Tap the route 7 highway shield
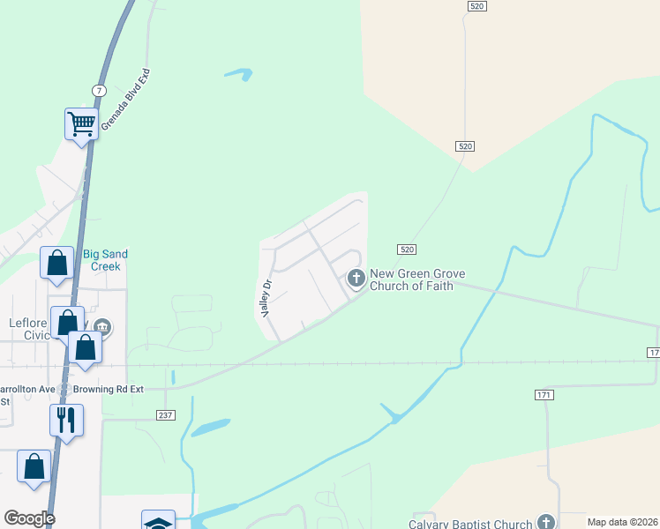point(99,92)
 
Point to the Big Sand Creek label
point(105,260)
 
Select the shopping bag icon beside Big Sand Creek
point(57,262)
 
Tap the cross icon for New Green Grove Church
point(356,279)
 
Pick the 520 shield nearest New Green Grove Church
point(406,250)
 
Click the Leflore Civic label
point(29,329)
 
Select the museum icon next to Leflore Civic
point(102,327)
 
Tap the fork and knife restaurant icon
point(66,419)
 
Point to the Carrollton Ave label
point(32,388)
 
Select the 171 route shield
point(544,394)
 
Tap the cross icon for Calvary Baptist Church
point(547,523)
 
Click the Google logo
point(29,518)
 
